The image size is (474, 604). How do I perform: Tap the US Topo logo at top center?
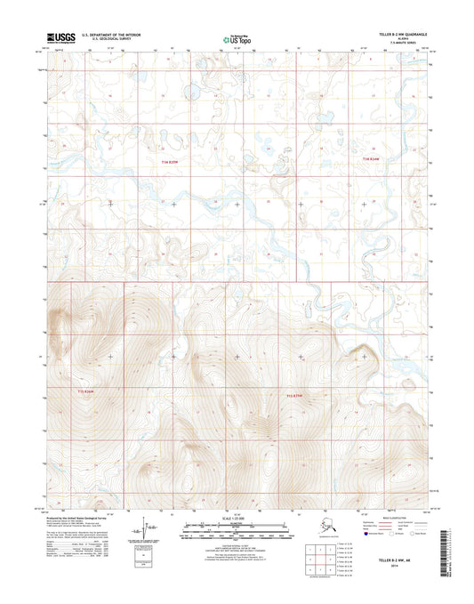coord(234,39)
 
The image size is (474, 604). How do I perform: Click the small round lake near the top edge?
coord(189,89)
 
